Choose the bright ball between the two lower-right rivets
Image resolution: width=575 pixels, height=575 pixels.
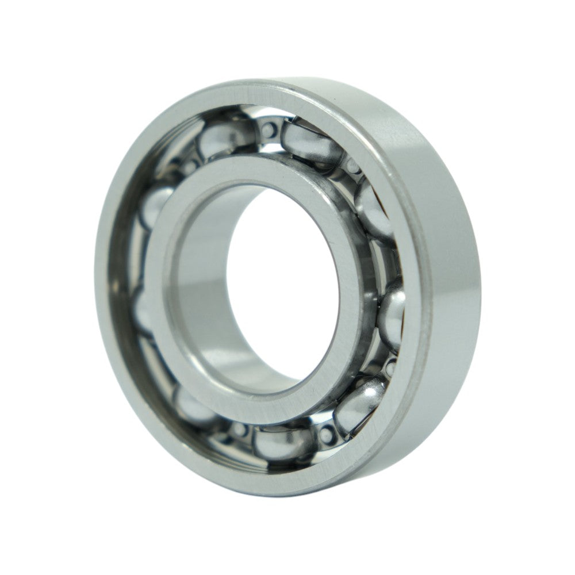click(359, 405)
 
